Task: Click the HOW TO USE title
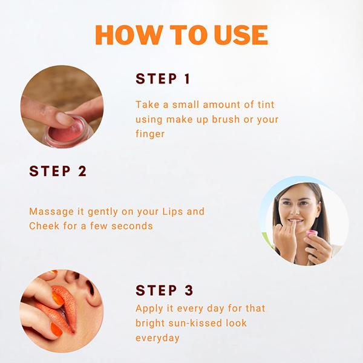pos(181,34)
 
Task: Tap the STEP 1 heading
pos(163,79)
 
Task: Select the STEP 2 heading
pos(58,171)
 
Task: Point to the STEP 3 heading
pos(164,290)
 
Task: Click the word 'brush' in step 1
pos(226,119)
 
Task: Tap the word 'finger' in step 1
pos(150,134)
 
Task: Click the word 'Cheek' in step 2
pos(44,226)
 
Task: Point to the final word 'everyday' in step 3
pos(157,338)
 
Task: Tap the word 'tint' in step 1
pos(266,105)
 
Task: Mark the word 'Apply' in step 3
pos(149,309)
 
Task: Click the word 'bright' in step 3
pos(150,324)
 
